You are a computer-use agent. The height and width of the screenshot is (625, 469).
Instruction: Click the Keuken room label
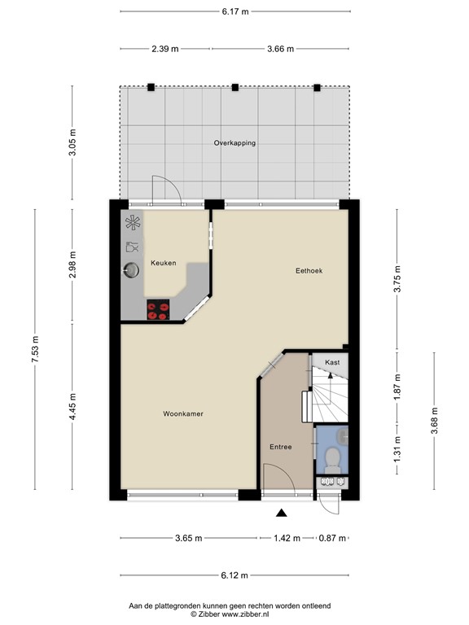click(x=163, y=263)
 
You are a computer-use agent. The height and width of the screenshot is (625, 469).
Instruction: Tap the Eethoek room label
click(x=309, y=270)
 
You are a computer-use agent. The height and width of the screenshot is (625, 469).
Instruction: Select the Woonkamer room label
click(x=183, y=413)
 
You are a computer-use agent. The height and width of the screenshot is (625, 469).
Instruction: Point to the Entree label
click(x=281, y=447)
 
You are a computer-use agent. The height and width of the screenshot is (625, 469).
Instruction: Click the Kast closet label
click(x=332, y=362)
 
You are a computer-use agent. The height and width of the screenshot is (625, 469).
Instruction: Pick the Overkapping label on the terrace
click(x=234, y=142)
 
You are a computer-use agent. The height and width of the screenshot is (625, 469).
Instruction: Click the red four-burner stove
click(x=158, y=309)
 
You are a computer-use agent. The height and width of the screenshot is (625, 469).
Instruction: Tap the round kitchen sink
click(x=130, y=269)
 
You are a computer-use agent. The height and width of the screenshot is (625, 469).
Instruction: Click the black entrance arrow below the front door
click(x=282, y=513)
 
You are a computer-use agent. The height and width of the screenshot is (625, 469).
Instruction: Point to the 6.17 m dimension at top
click(x=234, y=11)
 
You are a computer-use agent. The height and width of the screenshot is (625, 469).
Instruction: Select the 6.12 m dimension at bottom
click(x=234, y=575)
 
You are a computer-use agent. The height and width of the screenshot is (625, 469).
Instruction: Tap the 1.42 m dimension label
click(x=286, y=538)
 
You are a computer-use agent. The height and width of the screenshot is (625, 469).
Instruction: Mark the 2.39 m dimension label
click(x=165, y=49)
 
